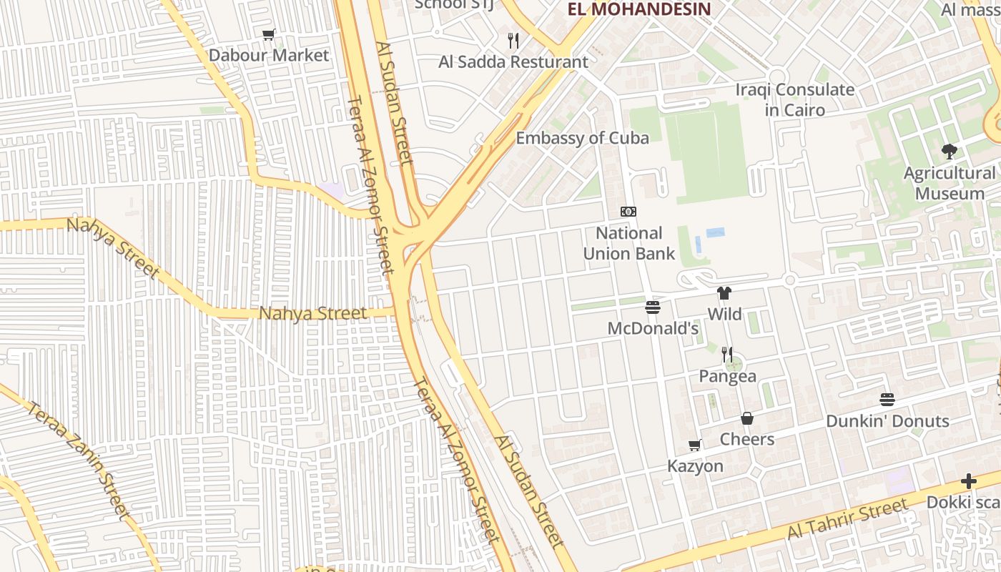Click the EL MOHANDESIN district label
click(639, 9)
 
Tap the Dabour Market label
click(269, 55)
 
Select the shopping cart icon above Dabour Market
click(269, 35)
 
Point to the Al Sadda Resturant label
click(513, 62)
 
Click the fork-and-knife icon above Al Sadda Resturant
click(513, 41)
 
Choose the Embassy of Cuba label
click(583, 138)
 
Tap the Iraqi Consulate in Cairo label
click(795, 100)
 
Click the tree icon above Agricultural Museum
click(950, 151)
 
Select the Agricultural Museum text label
click(950, 184)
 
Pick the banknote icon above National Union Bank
click(628, 212)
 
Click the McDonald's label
click(653, 328)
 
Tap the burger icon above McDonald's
click(653, 307)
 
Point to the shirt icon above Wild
click(724, 293)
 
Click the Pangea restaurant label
click(727, 376)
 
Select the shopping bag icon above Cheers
click(747, 418)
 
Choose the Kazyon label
click(695, 466)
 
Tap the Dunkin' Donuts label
click(887, 421)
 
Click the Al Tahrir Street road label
click(847, 520)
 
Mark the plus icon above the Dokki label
click(969, 481)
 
